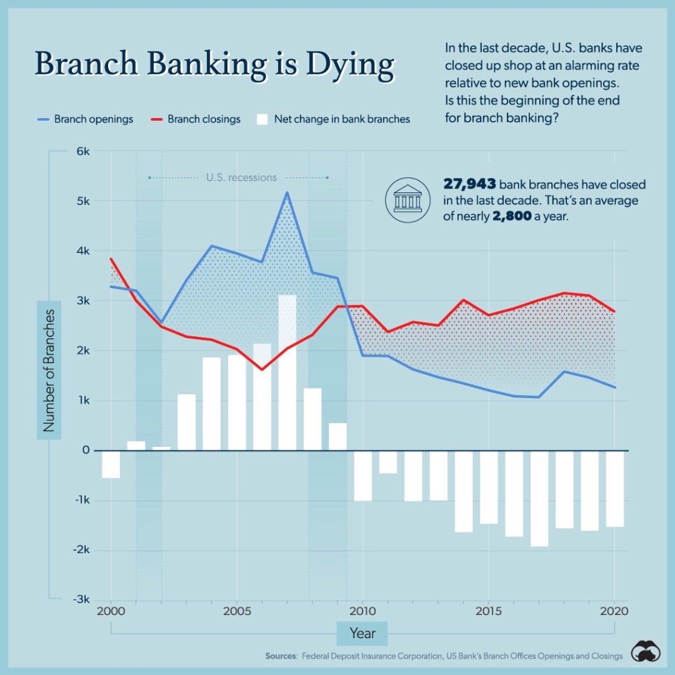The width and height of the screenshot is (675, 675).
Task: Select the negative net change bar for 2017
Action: tap(539, 498)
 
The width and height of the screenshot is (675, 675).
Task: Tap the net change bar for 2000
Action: tap(111, 464)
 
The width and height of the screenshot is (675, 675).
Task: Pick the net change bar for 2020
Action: tap(614, 488)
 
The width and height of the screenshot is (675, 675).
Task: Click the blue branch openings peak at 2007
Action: tap(287, 192)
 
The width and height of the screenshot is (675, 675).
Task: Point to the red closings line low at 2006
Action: tap(262, 369)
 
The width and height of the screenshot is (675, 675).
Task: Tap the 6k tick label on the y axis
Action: tap(82, 151)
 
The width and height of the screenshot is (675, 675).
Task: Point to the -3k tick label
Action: tap(80, 600)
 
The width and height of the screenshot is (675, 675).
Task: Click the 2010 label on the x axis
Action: tap(362, 610)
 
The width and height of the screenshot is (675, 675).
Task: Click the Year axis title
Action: tap(362, 633)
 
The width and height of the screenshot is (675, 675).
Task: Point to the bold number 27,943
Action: tap(469, 185)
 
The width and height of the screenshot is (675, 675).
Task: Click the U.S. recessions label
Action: tap(241, 177)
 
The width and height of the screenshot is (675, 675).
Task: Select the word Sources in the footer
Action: tap(281, 656)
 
